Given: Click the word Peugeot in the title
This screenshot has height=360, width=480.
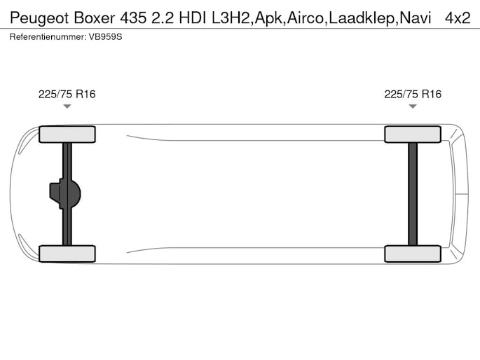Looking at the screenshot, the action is (39, 18).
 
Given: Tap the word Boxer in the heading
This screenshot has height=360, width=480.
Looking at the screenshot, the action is (95, 18).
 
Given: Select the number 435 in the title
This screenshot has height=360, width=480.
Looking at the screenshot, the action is (133, 18).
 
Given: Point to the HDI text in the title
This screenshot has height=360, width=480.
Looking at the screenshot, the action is (193, 18).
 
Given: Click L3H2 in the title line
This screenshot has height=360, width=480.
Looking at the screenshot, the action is (231, 18).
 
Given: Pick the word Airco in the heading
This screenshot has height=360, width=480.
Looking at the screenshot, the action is (305, 18).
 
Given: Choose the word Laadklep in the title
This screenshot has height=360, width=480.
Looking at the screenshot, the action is (362, 18).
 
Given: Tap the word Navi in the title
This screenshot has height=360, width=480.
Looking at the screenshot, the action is (416, 18).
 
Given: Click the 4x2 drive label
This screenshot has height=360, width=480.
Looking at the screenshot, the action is (458, 18).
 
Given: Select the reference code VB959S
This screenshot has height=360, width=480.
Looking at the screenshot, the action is (105, 37).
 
